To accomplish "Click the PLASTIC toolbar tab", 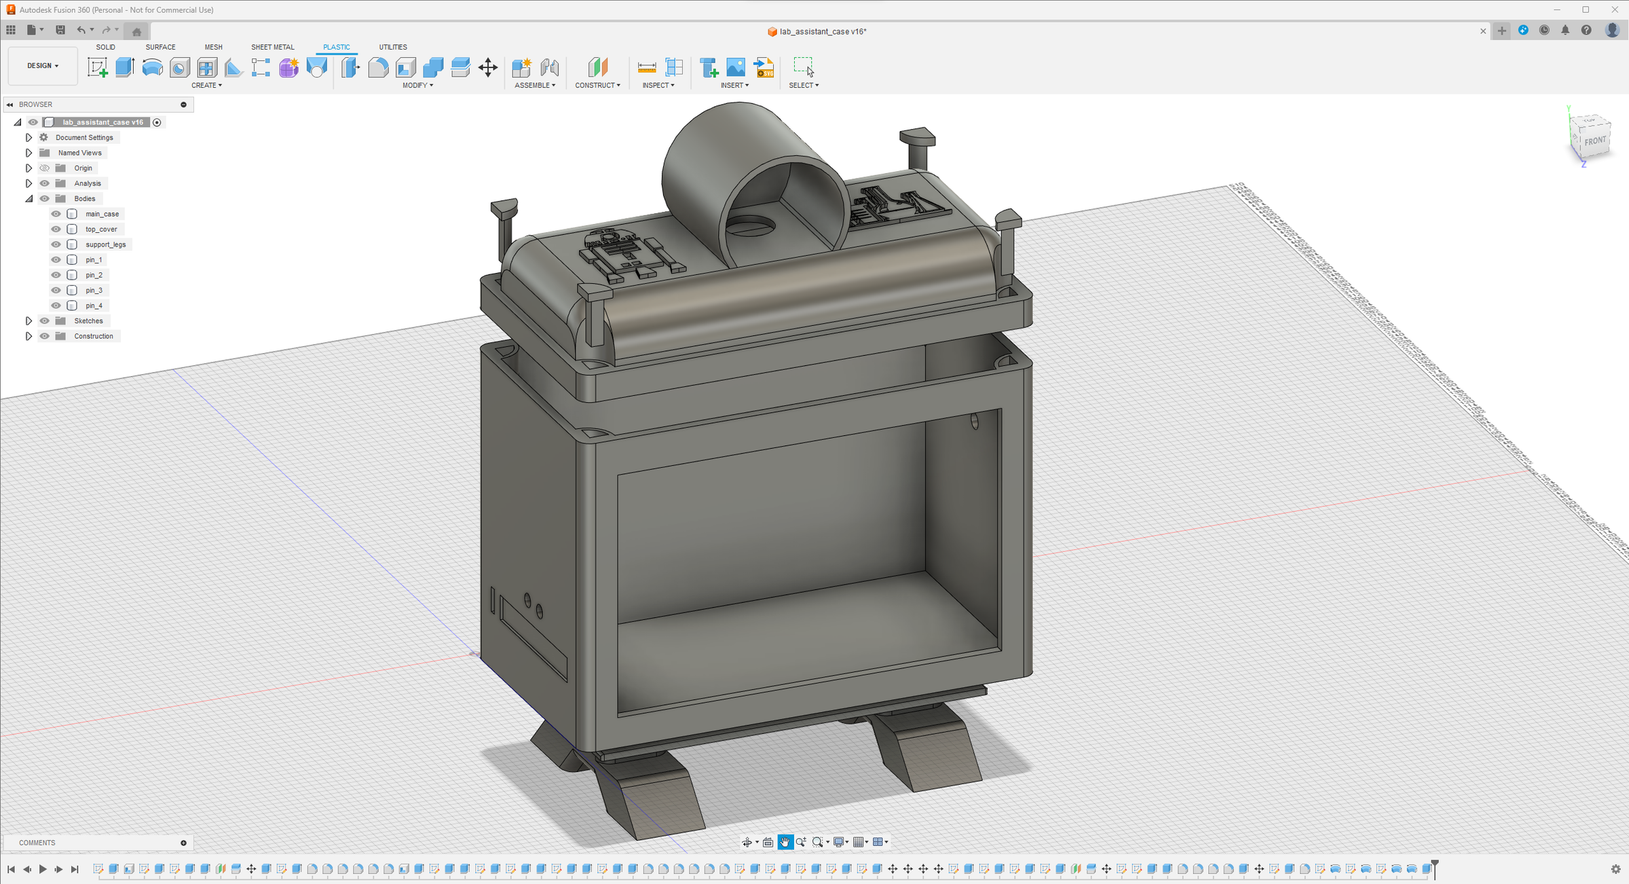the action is pyautogui.click(x=337, y=47).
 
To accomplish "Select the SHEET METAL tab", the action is pyautogui.click(x=273, y=47).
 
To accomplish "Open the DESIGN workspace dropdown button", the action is pyautogui.click(x=43, y=66).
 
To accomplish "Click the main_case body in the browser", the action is pyautogui.click(x=102, y=214).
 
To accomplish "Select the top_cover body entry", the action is pyautogui.click(x=101, y=229).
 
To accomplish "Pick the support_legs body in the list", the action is pyautogui.click(x=105, y=244).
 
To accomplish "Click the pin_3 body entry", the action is pyautogui.click(x=94, y=290).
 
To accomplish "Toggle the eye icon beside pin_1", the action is pyautogui.click(x=56, y=259).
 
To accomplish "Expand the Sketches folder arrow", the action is pyautogui.click(x=29, y=320).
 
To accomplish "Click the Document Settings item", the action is pyautogui.click(x=84, y=137).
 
